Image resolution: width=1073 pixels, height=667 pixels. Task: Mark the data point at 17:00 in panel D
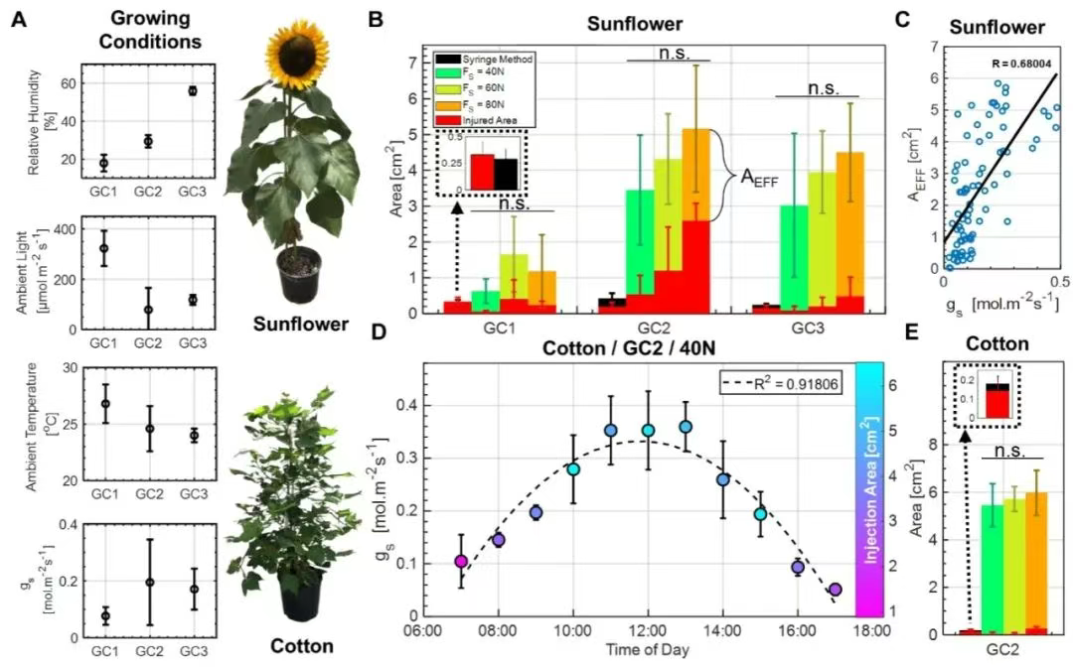[x=835, y=589]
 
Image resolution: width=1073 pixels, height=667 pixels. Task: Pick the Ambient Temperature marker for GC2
[x=148, y=429]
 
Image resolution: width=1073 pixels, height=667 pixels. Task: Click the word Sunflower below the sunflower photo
[x=300, y=325]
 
